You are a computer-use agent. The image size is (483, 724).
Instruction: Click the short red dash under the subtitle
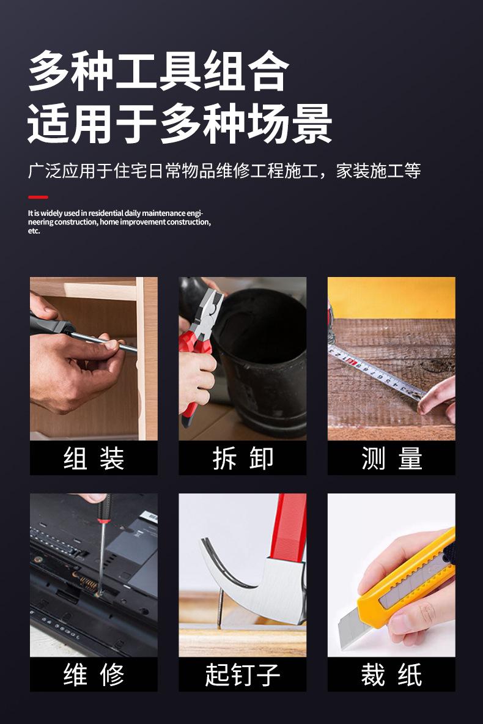pos(38,197)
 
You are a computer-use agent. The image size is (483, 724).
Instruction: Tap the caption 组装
pos(94,459)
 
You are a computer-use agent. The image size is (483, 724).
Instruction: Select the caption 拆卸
pos(243,459)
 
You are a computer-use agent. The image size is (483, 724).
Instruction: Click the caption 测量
pos(391,459)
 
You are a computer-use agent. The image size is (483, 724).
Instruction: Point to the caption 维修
pos(94,675)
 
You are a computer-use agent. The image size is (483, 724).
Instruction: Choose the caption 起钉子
pos(243,675)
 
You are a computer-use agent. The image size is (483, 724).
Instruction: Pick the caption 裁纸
pos(391,675)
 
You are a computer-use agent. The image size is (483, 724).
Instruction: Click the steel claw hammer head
pos(257,575)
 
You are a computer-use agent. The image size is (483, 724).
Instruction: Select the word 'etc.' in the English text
pos(34,231)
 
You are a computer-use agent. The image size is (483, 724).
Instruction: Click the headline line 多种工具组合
pos(158,72)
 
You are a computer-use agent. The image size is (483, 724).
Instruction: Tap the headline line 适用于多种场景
pos(180,123)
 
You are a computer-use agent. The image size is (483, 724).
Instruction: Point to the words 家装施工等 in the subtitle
pos(378,171)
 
